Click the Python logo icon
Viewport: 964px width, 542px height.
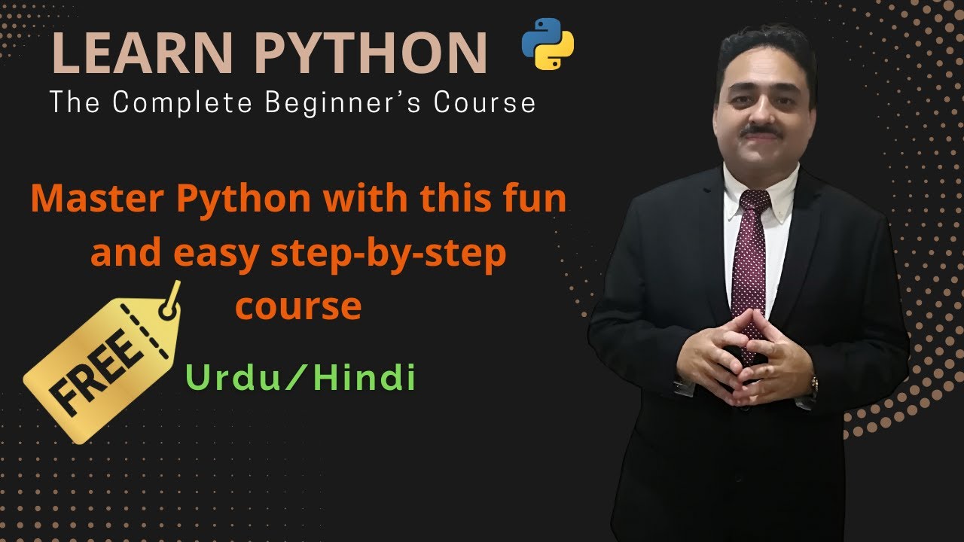point(548,44)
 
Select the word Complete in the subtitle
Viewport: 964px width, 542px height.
point(196,103)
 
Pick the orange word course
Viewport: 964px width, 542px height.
point(298,306)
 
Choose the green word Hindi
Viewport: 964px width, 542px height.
point(365,378)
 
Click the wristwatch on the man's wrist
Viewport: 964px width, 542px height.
point(813,387)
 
